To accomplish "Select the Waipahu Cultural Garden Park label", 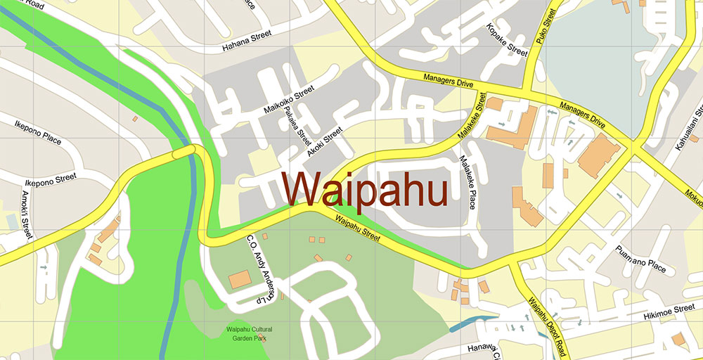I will tap(249, 333).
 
